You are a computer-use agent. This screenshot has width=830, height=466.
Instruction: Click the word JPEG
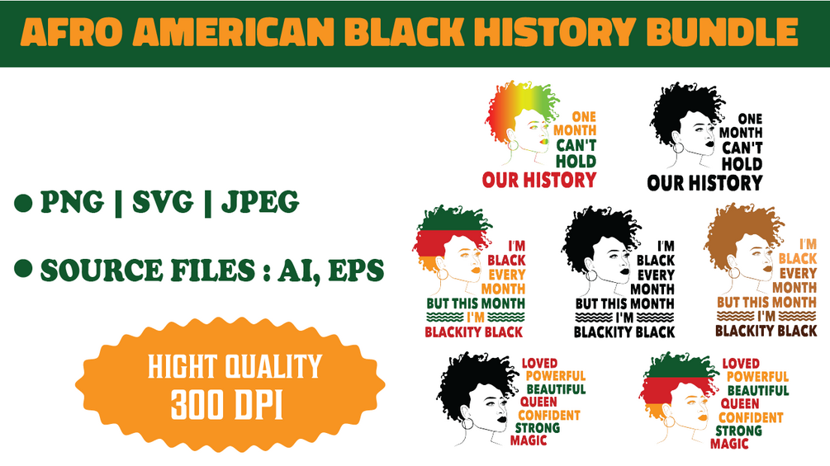tap(260, 202)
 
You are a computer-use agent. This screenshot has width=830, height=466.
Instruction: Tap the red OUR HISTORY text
tap(538, 180)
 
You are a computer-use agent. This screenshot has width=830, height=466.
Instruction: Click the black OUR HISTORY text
tap(704, 181)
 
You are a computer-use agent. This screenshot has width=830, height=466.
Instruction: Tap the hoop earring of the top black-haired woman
tap(679, 148)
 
